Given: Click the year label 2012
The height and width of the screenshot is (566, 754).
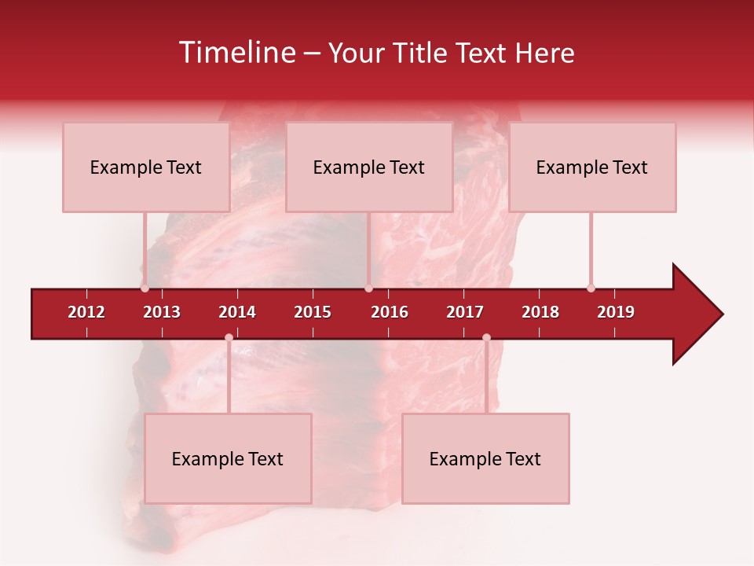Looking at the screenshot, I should click(86, 312).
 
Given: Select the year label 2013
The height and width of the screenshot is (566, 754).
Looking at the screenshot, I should click(162, 312).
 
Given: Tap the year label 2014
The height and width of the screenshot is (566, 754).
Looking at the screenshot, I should click(237, 312).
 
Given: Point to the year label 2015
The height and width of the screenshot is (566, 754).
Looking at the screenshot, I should click(313, 312).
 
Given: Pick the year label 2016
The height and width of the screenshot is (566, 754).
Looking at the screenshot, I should click(390, 312).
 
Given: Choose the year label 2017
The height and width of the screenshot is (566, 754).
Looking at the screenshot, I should click(465, 312).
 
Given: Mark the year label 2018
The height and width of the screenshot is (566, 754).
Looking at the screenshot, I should click(540, 312).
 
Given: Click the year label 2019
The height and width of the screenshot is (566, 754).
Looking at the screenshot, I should click(616, 312).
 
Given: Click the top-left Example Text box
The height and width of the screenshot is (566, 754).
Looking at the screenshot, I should click(146, 167).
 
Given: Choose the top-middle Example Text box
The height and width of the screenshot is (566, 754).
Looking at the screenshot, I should click(369, 167).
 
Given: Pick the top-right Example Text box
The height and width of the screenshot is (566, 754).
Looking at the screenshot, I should click(592, 167).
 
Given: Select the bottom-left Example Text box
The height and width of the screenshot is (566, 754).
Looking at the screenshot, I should click(228, 458).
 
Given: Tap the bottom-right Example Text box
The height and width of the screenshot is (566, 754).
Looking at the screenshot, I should click(485, 458).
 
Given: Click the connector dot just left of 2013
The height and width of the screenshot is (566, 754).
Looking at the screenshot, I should click(145, 289).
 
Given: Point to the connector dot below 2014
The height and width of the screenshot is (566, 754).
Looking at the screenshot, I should click(229, 337).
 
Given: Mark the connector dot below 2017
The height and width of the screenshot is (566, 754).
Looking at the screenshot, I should click(486, 337).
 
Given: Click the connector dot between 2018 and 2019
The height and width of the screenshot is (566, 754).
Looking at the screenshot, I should click(591, 289).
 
